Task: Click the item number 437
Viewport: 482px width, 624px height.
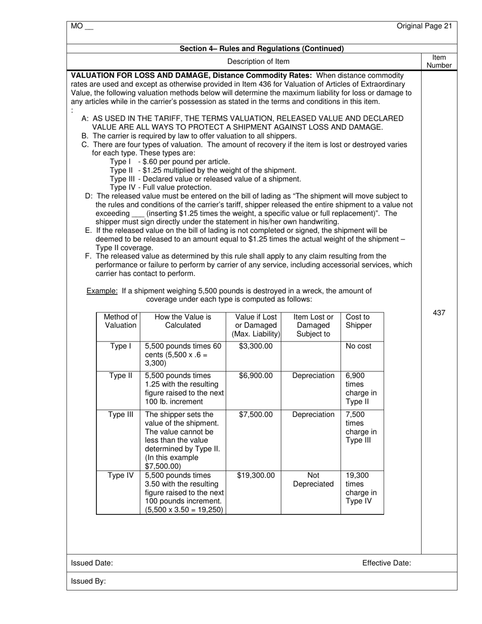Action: pyautogui.click(x=439, y=313)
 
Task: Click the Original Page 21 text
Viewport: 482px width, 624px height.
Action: pyautogui.click(x=424, y=26)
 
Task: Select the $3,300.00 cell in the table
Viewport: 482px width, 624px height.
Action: pyautogui.click(x=256, y=346)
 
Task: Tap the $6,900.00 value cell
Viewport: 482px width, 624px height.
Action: pyautogui.click(x=256, y=376)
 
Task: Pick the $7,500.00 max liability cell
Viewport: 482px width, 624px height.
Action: pyautogui.click(x=256, y=415)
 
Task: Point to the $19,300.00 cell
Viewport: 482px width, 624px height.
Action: pyautogui.click(x=256, y=476)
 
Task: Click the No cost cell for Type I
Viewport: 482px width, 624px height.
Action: pyautogui.click(x=358, y=346)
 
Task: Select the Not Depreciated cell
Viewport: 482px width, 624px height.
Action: pyautogui.click(x=313, y=480)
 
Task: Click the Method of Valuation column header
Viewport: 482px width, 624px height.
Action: pyautogui.click(x=120, y=321)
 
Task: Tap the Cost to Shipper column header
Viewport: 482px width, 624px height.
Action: pyautogui.click(x=358, y=321)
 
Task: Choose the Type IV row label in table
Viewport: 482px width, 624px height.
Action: pyautogui.click(x=120, y=476)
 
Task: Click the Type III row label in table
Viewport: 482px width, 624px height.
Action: pyautogui.click(x=120, y=415)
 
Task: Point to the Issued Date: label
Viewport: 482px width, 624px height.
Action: pyautogui.click(x=92, y=563)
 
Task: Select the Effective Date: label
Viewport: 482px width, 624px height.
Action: pyautogui.click(x=386, y=563)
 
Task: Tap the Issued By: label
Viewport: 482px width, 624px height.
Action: pyautogui.click(x=88, y=581)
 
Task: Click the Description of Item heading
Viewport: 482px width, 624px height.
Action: pyautogui.click(x=258, y=61)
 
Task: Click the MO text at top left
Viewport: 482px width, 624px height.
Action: pyautogui.click(x=82, y=26)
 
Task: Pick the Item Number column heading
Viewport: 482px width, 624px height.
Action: pyautogui.click(x=439, y=61)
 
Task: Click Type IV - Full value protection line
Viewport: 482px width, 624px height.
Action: pyautogui.click(x=160, y=187)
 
